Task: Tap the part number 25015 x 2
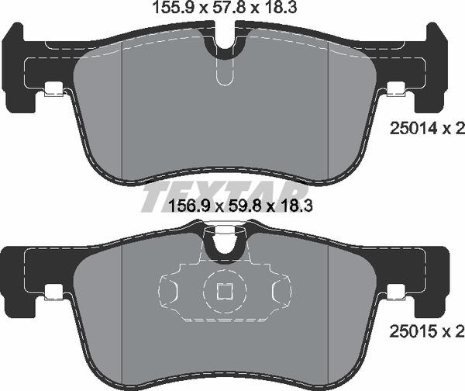[x=425, y=331]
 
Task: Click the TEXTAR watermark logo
[x=225, y=193]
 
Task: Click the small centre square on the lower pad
[x=226, y=292]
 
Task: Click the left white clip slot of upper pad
[x=53, y=90]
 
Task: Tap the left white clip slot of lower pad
[x=53, y=292]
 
